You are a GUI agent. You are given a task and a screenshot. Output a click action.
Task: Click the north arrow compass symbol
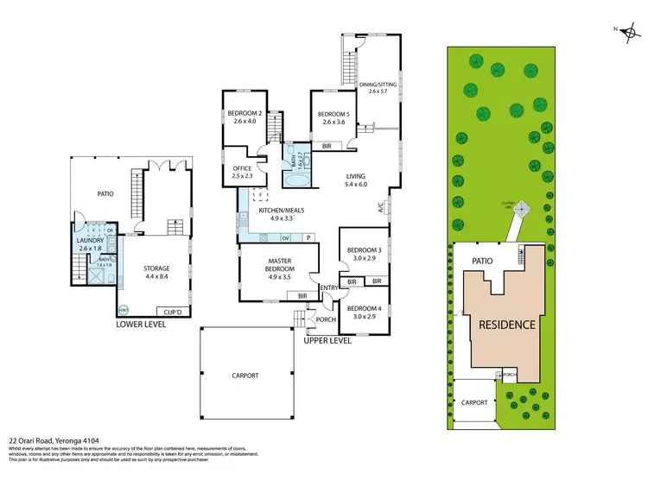click(628, 29)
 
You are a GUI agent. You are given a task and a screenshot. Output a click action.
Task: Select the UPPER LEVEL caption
click(327, 340)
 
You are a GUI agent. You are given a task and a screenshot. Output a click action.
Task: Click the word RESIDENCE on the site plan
click(502, 325)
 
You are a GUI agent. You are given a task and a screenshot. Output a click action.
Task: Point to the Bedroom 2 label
click(245, 117)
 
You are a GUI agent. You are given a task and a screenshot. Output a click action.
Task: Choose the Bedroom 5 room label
click(334, 118)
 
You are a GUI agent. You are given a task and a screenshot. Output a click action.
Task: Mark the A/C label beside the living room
click(379, 207)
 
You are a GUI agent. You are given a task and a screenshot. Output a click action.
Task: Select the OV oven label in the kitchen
click(285, 237)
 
